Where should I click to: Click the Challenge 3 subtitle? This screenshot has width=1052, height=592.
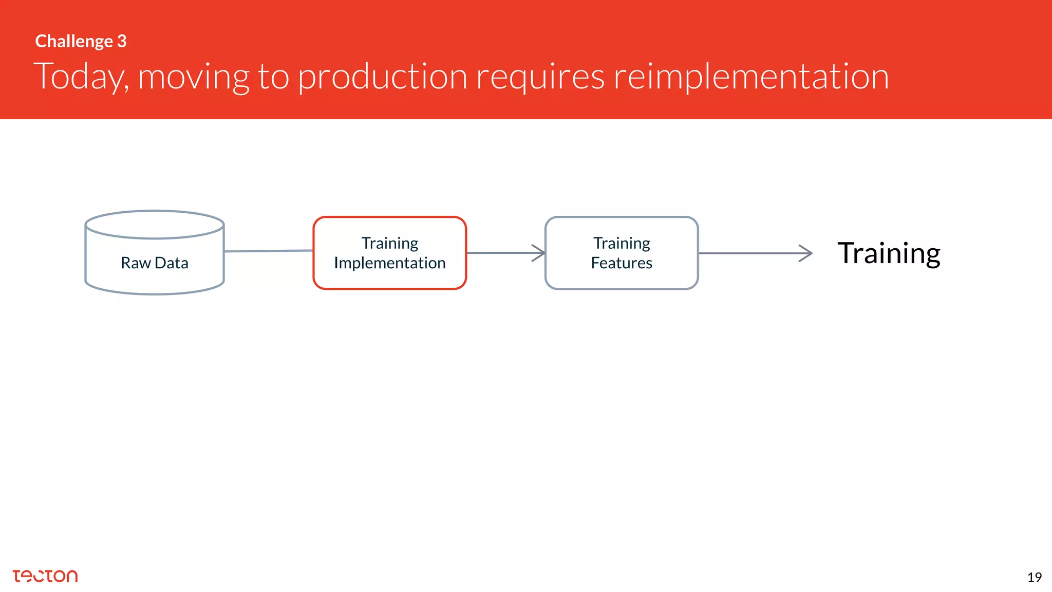coord(81,41)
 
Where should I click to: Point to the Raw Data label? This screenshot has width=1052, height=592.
coord(154,263)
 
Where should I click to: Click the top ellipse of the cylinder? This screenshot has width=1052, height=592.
coord(154,225)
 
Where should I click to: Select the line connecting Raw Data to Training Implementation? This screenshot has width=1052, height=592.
coord(268,251)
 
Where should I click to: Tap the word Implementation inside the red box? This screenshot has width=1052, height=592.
coord(389,263)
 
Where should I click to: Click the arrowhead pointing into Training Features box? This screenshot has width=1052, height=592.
coord(539,253)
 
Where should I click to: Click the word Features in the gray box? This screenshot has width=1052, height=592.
coord(621,263)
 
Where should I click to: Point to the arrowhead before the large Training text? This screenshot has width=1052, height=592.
coord(806,253)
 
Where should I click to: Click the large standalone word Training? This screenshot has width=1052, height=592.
coord(889,253)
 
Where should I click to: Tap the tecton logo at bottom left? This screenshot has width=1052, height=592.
coord(45,576)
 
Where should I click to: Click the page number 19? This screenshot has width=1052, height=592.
coord(1034,578)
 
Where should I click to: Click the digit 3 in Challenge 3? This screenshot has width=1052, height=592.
coord(122,41)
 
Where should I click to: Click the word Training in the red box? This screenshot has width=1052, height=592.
coord(389,243)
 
